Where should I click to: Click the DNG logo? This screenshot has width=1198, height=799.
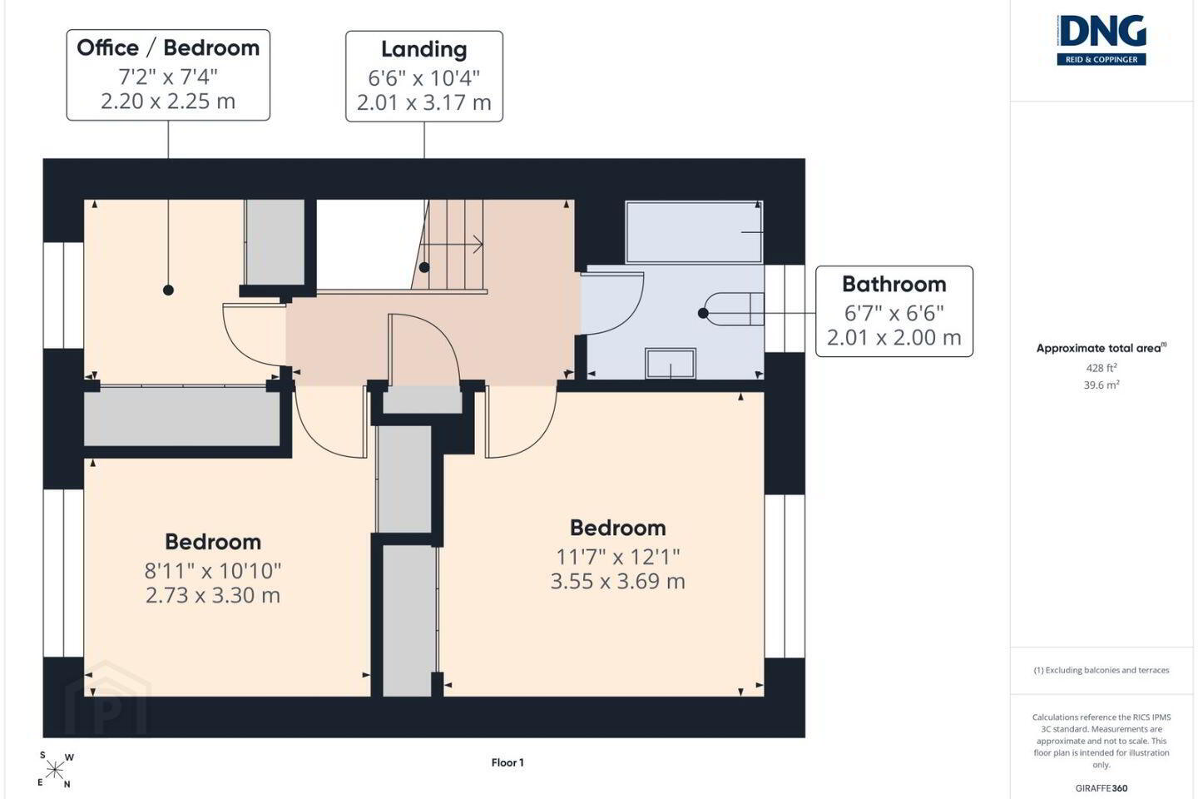[1101, 40]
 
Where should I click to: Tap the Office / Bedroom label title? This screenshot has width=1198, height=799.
[168, 48]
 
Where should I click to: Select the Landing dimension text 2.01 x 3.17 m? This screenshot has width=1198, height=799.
[424, 102]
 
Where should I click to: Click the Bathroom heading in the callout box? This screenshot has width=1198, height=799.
[894, 284]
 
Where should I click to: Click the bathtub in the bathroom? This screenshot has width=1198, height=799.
[694, 232]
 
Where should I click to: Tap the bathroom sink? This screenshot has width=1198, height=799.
[671, 364]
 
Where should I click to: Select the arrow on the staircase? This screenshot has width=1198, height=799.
[452, 245]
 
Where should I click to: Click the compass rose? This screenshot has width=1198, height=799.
[55, 771]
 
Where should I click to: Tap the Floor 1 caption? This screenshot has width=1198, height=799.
[507, 762]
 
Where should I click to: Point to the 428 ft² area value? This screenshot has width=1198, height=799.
[1101, 368]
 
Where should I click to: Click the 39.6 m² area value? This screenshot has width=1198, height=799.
[1101, 385]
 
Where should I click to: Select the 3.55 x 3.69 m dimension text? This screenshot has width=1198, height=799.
[617, 581]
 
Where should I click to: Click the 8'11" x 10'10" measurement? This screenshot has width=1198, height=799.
[213, 571]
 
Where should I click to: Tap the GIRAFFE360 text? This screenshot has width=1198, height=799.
[1101, 788]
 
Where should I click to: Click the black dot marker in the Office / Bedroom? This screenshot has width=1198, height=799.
[168, 290]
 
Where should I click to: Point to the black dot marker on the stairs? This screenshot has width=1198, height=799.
[424, 267]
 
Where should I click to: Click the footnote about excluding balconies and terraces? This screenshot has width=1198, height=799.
[1101, 670]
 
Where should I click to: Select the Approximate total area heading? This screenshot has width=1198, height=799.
[1101, 348]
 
